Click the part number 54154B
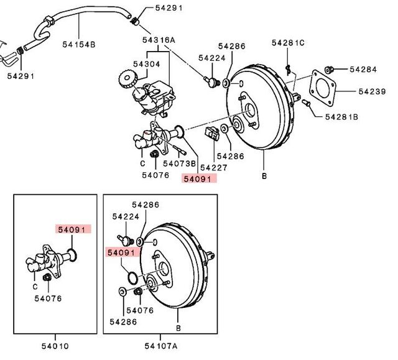pos(79,45)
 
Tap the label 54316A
pos(159,40)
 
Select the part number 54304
pos(147,64)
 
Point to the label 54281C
pos(288,43)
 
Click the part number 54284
pos(363,69)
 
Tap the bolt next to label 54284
pos(330,69)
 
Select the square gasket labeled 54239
pos(323,88)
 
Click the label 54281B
pos(341,117)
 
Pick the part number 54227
pos(214,167)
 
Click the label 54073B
pos(180,164)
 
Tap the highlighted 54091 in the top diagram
pos(200,178)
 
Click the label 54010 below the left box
pos(55,346)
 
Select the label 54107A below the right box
pos(161,346)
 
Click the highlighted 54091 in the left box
pos(73,229)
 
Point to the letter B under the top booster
pos(264,176)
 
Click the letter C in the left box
pos(35,287)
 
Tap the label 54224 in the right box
pos(126,216)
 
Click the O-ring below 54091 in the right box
pos(132,278)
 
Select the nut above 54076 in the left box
pos(47,277)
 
